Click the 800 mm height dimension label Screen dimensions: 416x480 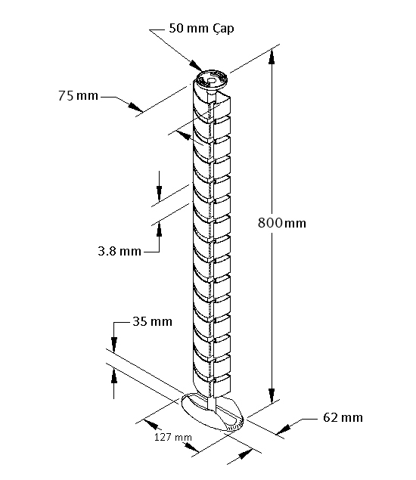click(x=282, y=223)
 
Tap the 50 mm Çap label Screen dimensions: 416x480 click(x=201, y=28)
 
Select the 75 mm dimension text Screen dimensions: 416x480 click(x=78, y=96)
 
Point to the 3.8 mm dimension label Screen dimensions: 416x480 click(x=120, y=251)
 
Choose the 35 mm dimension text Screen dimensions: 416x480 click(x=152, y=321)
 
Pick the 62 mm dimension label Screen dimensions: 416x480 click(x=343, y=417)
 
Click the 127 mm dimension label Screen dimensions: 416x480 click(x=173, y=437)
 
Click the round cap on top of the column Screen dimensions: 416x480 click(x=211, y=81)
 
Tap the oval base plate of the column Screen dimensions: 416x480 click(x=213, y=412)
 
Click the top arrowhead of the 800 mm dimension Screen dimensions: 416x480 click(x=271, y=57)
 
